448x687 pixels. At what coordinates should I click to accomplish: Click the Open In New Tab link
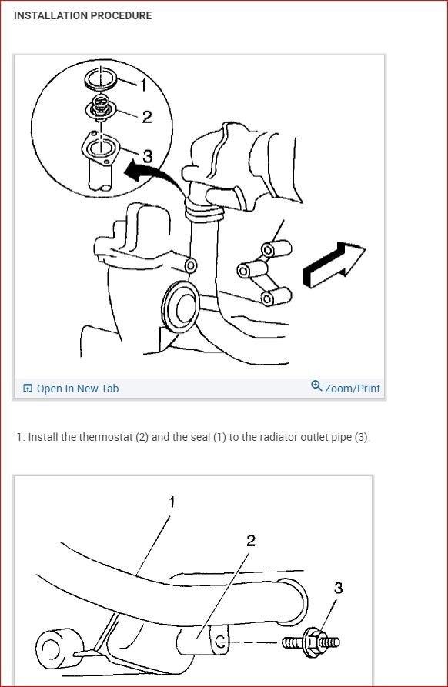(71, 389)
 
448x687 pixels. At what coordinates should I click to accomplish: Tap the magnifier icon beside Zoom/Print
(316, 386)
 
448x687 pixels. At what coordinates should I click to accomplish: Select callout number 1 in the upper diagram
(143, 85)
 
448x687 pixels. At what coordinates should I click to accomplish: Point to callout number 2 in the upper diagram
(147, 117)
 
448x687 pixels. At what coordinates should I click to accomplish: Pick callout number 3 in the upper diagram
(148, 156)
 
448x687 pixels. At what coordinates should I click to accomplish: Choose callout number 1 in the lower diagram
(172, 502)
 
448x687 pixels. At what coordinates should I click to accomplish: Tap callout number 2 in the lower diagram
(251, 541)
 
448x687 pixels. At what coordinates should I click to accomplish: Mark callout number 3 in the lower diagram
(338, 588)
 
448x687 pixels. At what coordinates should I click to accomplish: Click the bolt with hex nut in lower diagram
(311, 642)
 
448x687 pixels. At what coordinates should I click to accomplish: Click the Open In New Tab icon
(28, 389)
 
